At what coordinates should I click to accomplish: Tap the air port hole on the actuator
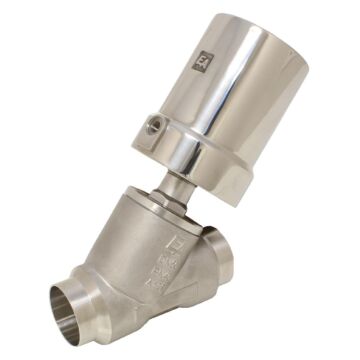point(156,125)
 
